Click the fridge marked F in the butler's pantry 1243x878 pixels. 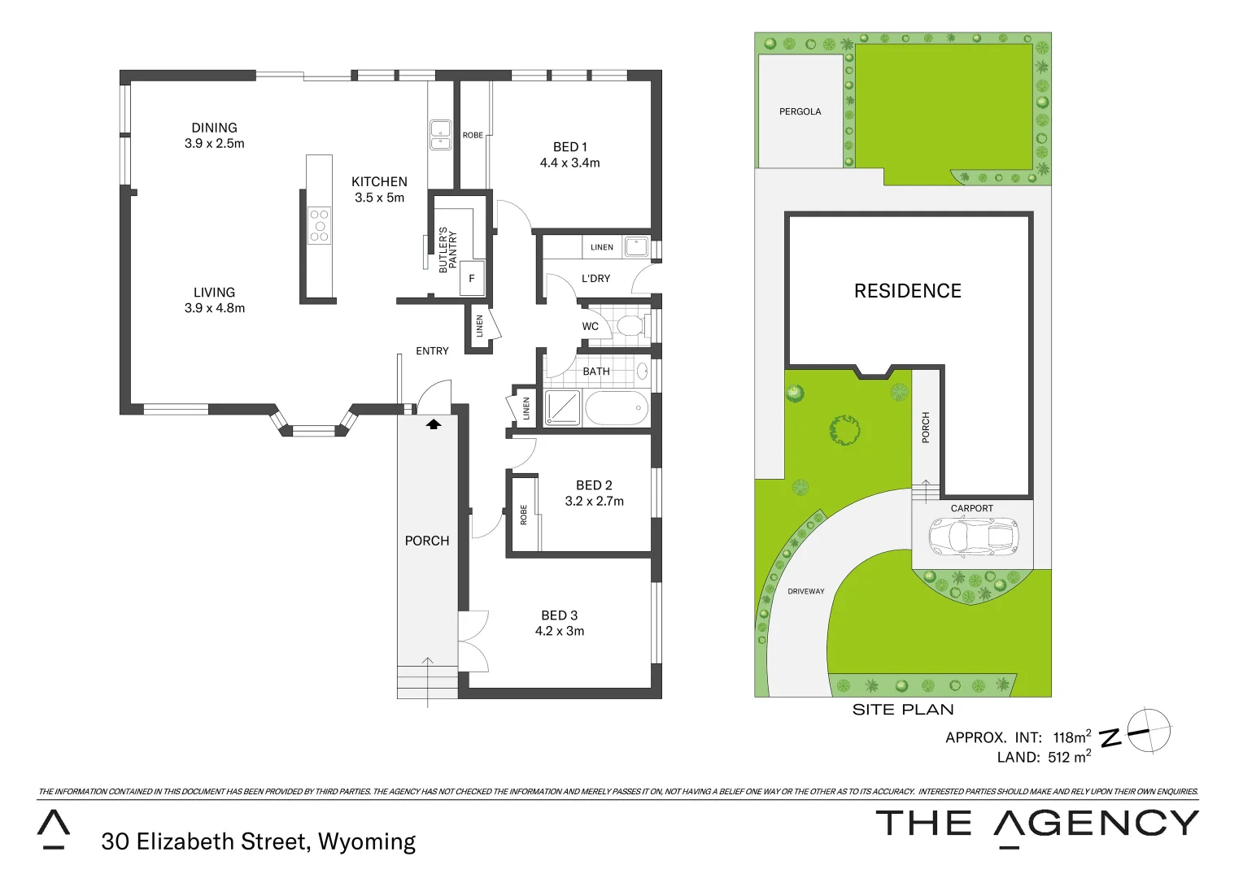472,278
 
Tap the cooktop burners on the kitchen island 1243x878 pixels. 320,226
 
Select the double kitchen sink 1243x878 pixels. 440,135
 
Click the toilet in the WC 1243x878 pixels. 630,327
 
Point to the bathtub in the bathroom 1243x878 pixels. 617,408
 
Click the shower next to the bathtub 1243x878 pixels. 562,408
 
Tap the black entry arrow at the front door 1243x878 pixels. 434,424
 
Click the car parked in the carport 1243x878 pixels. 974,537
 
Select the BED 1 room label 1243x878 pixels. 569,147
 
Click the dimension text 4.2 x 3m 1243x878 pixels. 560,632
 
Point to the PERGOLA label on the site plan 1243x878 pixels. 800,111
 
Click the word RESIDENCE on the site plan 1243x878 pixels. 907,291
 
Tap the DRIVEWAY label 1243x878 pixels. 805,591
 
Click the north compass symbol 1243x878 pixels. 1147,731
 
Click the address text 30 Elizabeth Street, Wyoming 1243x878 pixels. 258,841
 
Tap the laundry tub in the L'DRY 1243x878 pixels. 636,246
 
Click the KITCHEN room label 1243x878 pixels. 379,182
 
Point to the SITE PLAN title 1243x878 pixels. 902,710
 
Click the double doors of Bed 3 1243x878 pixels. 473,641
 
